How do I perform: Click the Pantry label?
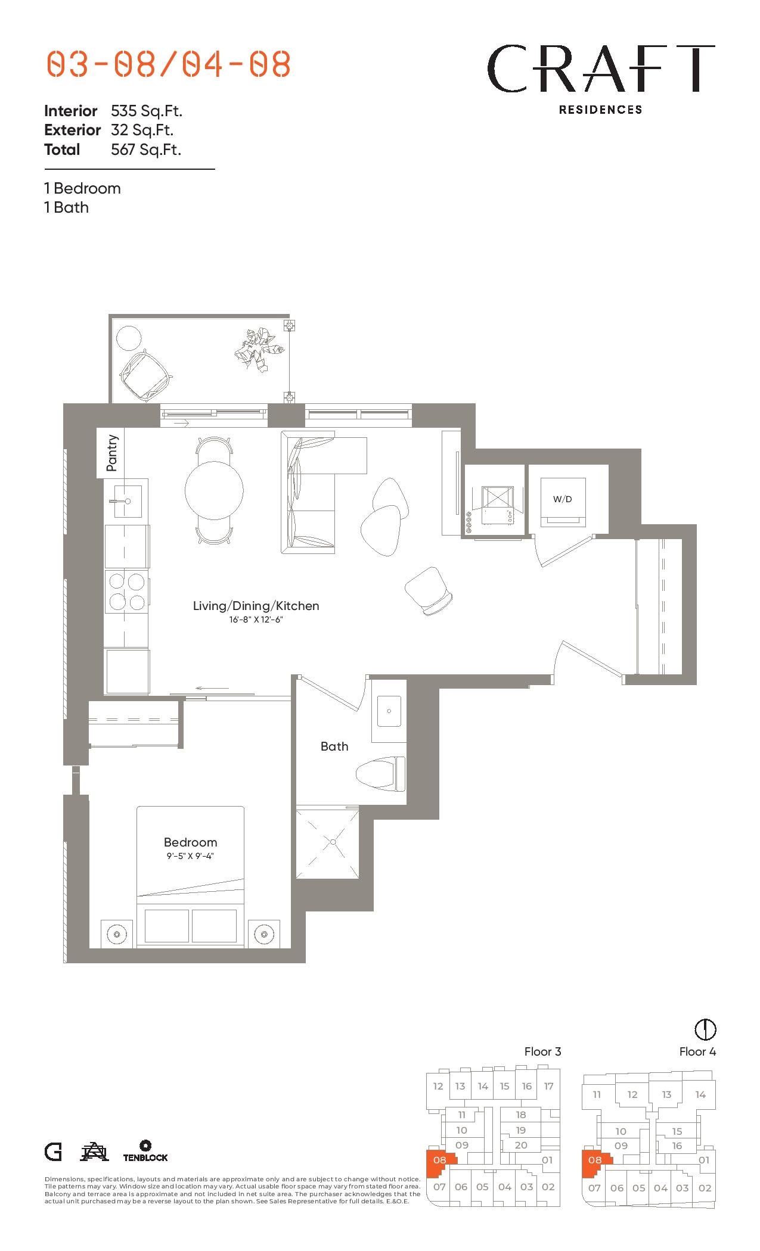coord(111,453)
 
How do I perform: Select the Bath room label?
coord(334,746)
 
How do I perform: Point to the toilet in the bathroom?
coord(380,774)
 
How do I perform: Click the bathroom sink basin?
coord(389,711)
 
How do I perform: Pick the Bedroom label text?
coord(190,842)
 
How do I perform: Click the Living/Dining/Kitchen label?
coord(256,606)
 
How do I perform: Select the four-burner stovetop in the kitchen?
coord(126,592)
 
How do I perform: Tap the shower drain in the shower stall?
coord(333,842)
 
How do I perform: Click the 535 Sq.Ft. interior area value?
coord(147,111)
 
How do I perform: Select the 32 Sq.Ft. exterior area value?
coord(142,130)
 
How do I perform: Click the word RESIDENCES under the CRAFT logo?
coord(600,110)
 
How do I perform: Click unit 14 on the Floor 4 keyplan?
coord(700,1094)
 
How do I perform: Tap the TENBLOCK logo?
coord(145,1152)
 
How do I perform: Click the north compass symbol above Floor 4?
coord(705,1029)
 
